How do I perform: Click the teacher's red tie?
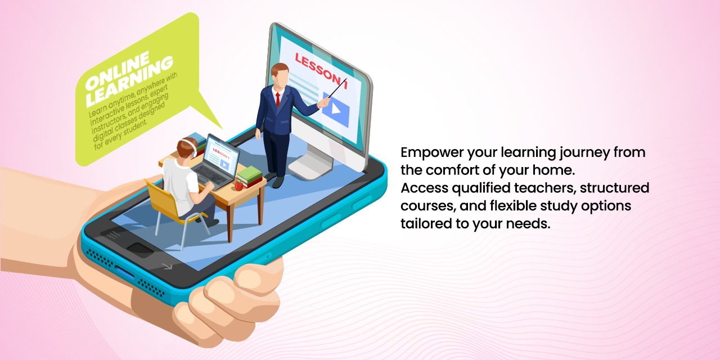tap(277, 100)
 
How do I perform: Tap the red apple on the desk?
tap(239, 186)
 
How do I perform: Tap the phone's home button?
tap(140, 249)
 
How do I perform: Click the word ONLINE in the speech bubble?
tap(118, 71)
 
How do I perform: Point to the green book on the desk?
tap(249, 174)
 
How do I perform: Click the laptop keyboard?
tap(210, 174)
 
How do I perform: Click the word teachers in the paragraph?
tap(544, 188)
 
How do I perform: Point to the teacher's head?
tap(279, 75)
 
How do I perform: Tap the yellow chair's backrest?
tap(163, 197)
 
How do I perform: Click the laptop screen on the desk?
tap(222, 156)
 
